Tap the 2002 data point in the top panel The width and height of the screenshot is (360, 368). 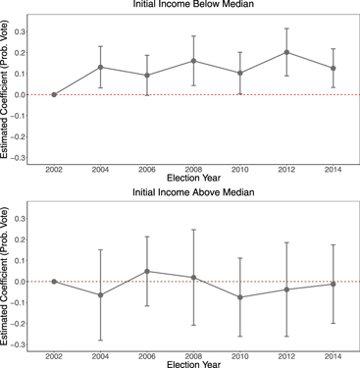54,95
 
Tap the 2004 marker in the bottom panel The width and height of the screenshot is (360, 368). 100,295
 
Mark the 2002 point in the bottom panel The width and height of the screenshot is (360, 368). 54,282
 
